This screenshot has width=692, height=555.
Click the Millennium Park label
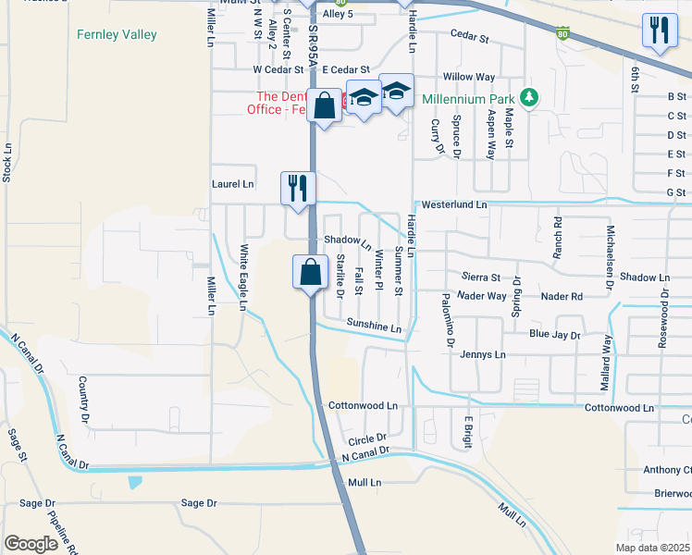coord(468,99)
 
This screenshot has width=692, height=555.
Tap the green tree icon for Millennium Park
coord(529,97)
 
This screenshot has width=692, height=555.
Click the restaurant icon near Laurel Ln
coord(296,188)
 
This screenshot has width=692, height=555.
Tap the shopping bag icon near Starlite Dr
coord(309,272)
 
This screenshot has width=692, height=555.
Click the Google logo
coord(31,543)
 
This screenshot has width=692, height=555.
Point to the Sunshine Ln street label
coord(375,326)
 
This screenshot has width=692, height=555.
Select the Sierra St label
coord(481,277)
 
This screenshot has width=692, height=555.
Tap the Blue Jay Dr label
coord(554,334)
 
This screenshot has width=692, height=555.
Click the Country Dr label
coord(83,394)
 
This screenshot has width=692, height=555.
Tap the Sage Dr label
coord(199,503)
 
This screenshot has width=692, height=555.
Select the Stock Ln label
coord(7,161)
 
